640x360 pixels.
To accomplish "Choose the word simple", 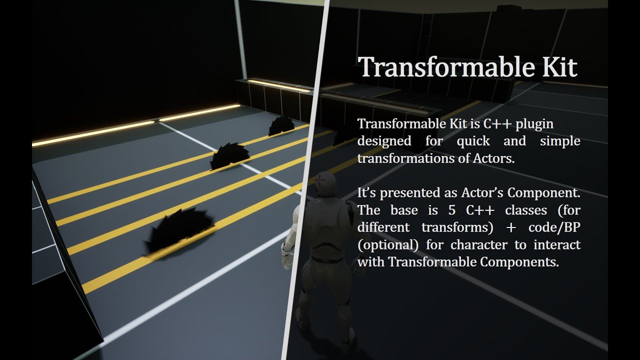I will [560, 141].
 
